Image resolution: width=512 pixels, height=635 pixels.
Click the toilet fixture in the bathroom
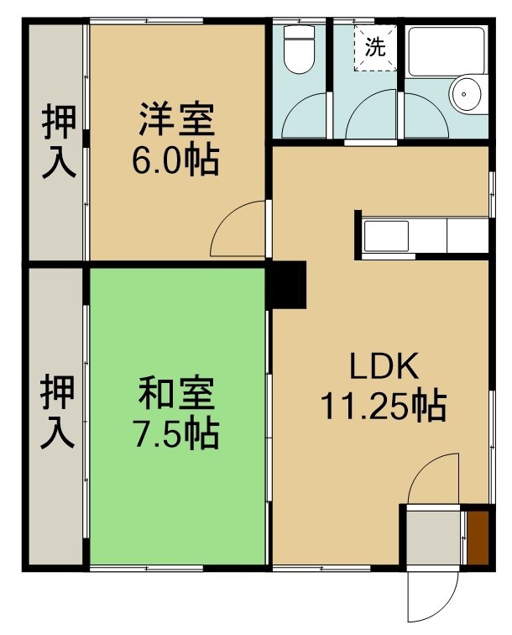(x=299, y=49)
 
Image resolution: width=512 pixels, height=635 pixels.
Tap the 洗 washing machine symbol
(x=375, y=48)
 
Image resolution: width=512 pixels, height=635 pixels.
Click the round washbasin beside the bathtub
(x=467, y=94)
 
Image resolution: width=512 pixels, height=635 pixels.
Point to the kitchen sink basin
(x=386, y=236)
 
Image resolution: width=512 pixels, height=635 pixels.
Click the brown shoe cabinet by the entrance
(x=478, y=538)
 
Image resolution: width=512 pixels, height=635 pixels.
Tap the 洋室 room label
(x=177, y=119)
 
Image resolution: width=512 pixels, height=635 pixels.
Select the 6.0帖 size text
(x=175, y=160)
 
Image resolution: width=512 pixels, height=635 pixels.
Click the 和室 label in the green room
(x=176, y=393)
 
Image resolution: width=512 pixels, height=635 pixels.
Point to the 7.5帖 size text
(x=176, y=433)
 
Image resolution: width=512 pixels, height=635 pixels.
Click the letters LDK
(x=384, y=366)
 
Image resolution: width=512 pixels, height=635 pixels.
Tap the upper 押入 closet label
(x=59, y=141)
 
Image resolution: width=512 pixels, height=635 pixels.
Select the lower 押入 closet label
(x=58, y=412)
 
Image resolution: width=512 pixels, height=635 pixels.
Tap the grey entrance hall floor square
(x=433, y=538)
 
